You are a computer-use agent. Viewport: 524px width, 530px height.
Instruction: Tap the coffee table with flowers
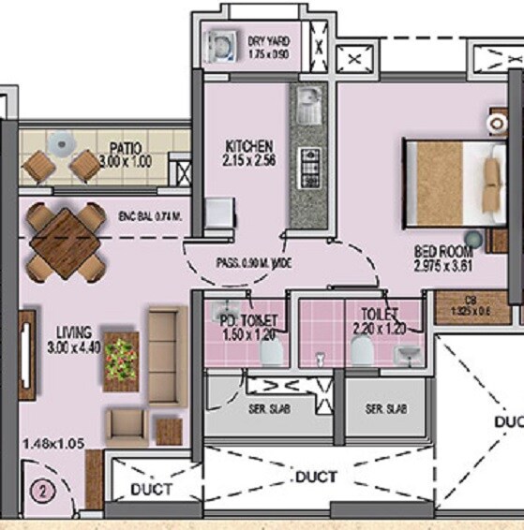click(121, 361)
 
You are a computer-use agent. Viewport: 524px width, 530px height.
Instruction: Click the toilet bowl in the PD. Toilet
click(271, 350)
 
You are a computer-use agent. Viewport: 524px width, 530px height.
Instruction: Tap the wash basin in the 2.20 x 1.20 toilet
click(409, 353)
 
